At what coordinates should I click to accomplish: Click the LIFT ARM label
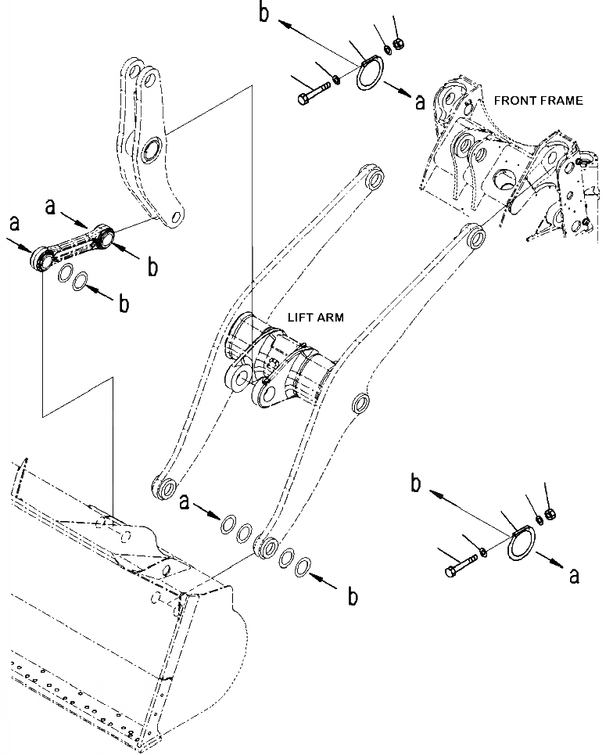[317, 318]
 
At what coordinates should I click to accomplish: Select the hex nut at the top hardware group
[396, 45]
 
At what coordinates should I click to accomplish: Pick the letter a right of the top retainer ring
[420, 102]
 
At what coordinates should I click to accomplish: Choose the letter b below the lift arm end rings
[353, 596]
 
